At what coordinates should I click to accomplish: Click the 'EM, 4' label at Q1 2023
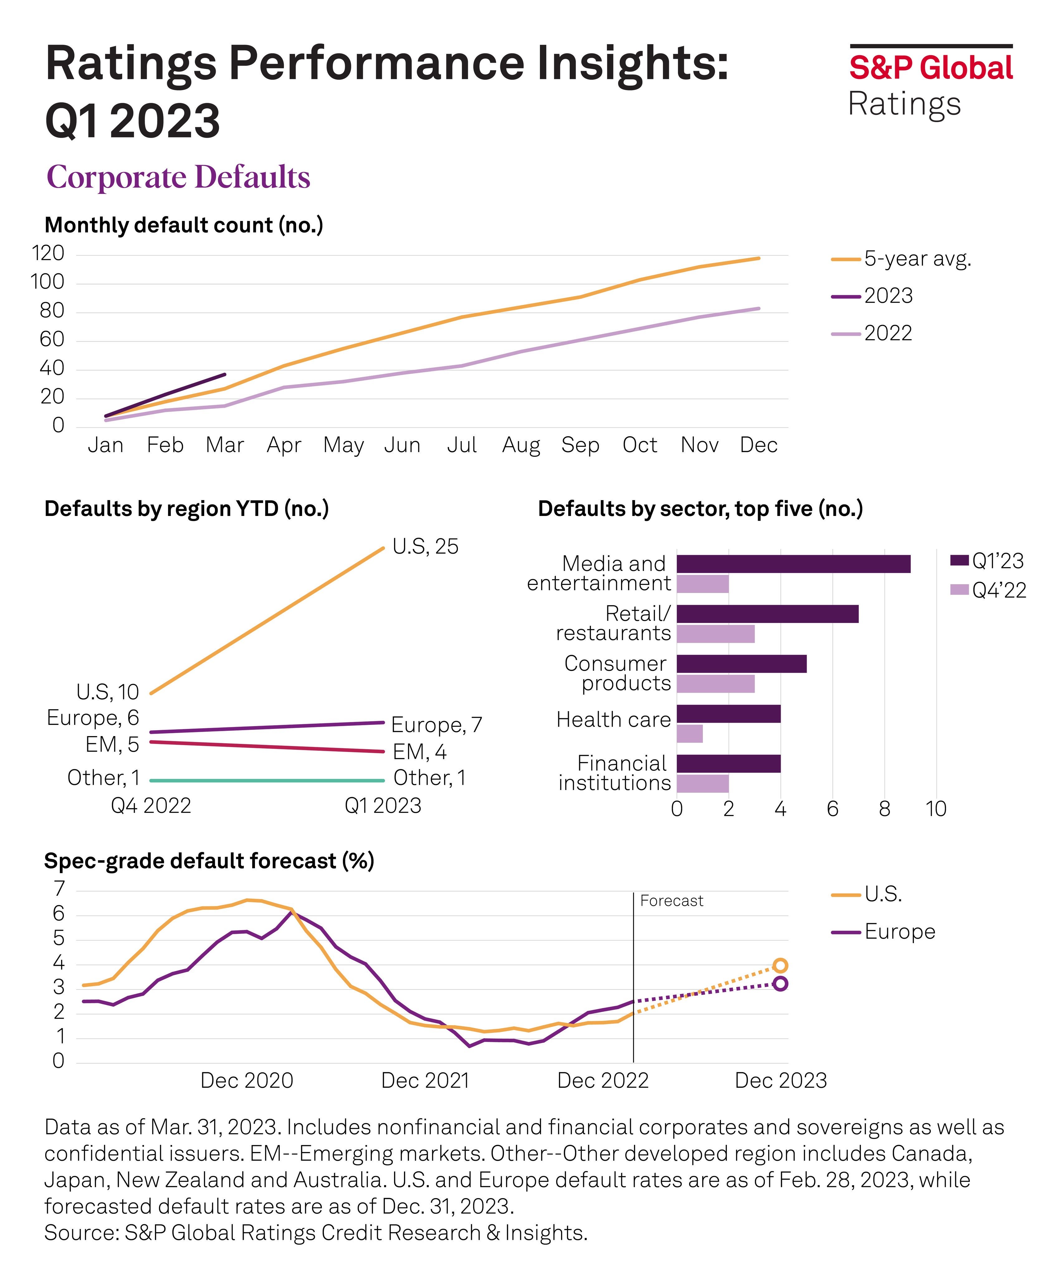click(x=419, y=752)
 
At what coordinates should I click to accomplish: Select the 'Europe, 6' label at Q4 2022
click(x=93, y=718)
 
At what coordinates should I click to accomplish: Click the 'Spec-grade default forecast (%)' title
click(x=209, y=861)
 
